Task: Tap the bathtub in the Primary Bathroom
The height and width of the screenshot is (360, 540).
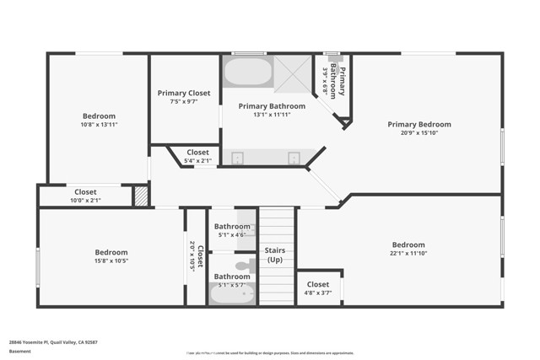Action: click(x=247, y=72)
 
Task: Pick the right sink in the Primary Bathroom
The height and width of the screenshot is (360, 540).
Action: click(x=294, y=158)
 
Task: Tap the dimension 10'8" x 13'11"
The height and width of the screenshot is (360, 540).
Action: click(x=98, y=125)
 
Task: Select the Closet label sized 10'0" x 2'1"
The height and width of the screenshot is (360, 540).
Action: click(x=85, y=191)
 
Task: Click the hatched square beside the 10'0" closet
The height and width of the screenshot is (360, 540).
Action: click(x=141, y=196)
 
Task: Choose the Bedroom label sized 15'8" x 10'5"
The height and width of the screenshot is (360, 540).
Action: click(x=111, y=252)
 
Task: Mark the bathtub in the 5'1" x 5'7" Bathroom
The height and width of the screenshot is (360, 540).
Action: click(x=230, y=294)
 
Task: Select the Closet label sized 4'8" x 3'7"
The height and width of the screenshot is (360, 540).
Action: click(x=318, y=284)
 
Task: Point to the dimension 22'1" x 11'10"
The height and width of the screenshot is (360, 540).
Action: click(x=408, y=253)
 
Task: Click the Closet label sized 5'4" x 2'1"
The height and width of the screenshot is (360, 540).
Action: click(x=197, y=152)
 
